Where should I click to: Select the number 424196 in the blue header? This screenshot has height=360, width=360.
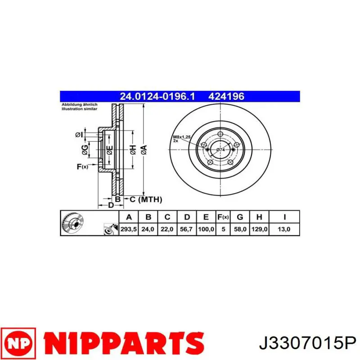[x=226, y=96]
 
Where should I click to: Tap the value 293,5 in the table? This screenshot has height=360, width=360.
[x=128, y=229]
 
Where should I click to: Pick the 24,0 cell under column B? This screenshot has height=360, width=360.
[x=148, y=229]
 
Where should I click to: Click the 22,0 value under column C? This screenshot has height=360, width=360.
[x=167, y=229]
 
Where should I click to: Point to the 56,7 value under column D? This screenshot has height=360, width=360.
[x=186, y=229]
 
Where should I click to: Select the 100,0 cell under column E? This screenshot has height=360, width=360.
[x=206, y=229]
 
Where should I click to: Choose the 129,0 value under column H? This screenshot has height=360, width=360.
[x=259, y=229]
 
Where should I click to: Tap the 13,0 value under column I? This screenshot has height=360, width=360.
[x=284, y=229]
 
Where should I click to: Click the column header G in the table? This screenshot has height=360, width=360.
[x=240, y=217]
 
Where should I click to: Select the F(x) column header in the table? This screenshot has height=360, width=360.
[x=223, y=217]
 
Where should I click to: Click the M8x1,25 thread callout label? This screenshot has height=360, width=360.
[x=181, y=137]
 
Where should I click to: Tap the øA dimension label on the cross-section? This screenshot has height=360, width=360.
[x=144, y=150]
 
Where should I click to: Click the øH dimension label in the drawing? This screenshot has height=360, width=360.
[x=133, y=150]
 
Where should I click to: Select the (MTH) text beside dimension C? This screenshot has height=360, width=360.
[x=149, y=199]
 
